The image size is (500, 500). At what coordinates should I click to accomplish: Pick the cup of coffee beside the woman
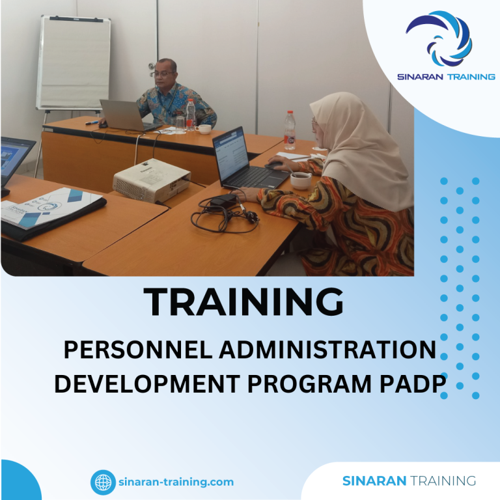[x=300, y=180]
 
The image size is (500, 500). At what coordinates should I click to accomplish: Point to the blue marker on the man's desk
[x=91, y=122]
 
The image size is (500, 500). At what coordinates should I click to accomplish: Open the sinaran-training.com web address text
[x=176, y=482]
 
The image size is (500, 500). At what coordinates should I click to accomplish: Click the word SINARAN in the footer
[x=374, y=481]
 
